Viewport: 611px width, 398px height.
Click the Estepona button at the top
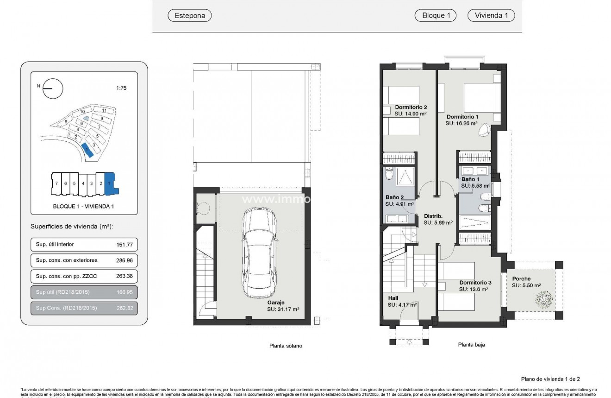coord(189,15)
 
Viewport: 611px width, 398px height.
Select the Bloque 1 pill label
coord(435,15)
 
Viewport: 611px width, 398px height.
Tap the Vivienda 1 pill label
coord(491,15)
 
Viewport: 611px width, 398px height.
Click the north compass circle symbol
coord(52,88)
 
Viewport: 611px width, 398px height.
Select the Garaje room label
coord(276,303)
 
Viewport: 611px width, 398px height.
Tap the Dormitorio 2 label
coord(411,107)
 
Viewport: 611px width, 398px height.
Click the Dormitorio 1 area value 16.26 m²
coord(461,124)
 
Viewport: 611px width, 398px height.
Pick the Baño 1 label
coord(470,179)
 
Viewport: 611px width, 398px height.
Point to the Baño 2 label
coord(394,197)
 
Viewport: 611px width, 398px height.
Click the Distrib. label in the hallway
coord(433,216)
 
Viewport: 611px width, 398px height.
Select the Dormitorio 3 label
coord(475,282)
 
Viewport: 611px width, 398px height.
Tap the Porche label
coord(521,278)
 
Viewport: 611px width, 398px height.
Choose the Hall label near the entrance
coord(393,298)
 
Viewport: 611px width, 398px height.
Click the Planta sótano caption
coord(286,346)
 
